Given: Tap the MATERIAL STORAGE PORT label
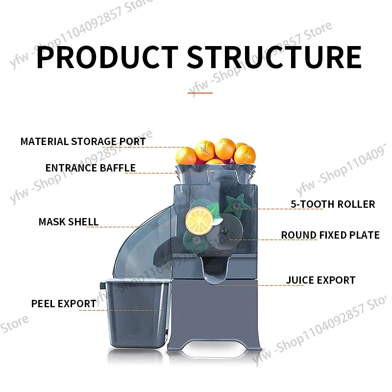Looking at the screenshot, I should pos(83,142).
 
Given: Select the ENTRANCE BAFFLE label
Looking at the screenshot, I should pos(90,168).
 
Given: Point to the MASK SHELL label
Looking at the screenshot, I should pos(68,222).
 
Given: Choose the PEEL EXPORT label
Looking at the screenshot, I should pos(64,304).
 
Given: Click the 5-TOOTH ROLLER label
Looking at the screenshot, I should pos(333,204).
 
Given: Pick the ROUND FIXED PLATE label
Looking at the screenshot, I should pos(330,235).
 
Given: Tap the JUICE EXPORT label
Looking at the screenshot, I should pos(320,280).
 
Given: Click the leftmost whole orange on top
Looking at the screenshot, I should pos(186,155).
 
